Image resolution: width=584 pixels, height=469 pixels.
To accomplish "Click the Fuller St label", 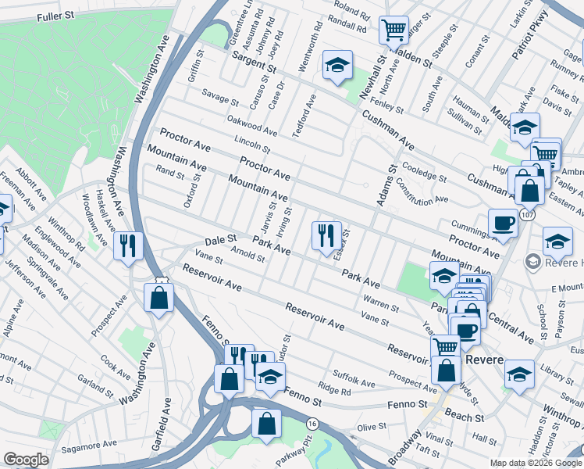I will (55, 15).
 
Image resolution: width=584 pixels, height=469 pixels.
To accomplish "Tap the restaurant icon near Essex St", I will (326, 234).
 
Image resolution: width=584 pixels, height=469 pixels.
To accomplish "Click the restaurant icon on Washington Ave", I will (126, 245).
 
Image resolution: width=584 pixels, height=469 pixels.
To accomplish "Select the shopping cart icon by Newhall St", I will (393, 30).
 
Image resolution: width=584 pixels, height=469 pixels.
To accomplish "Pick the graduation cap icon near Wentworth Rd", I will (337, 65).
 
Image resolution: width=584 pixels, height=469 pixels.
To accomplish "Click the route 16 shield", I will (312, 422).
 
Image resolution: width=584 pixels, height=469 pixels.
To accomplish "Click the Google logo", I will (26, 460).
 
